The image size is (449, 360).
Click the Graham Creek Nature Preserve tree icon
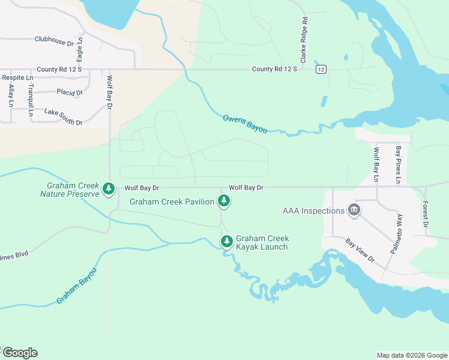(x=108, y=189)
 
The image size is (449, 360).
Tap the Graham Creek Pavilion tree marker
(x=224, y=201)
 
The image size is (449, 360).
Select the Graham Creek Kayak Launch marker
(x=226, y=242)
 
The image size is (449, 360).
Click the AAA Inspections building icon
(x=354, y=210)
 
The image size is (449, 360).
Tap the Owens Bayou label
(x=244, y=122)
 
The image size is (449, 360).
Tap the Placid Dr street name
(x=69, y=92)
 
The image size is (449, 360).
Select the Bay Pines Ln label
(x=397, y=164)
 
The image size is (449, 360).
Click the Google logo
(x=19, y=353)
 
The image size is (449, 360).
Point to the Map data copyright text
(x=411, y=355)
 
